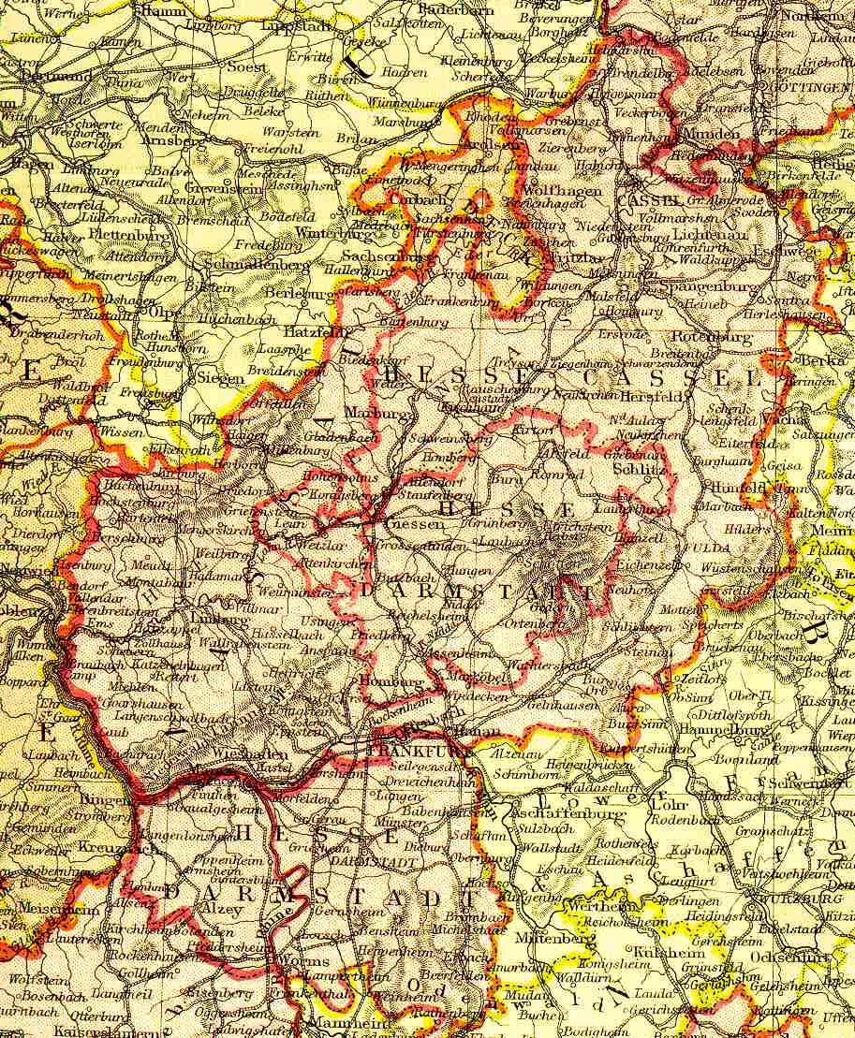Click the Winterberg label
[x=329, y=232]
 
